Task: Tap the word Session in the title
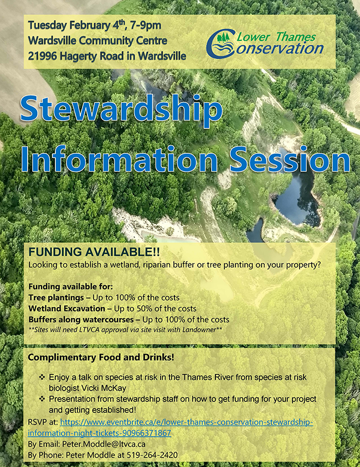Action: click(290, 160)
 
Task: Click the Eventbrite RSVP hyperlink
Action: click(171, 427)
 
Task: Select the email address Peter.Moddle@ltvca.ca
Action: click(104, 444)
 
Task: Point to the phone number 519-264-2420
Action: click(152, 455)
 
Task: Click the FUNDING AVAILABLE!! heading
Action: click(94, 252)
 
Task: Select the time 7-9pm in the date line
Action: click(146, 25)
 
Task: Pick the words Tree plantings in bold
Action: click(56, 298)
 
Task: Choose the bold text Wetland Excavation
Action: click(67, 309)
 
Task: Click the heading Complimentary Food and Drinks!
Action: click(101, 357)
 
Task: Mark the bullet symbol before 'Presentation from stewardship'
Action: click(42, 399)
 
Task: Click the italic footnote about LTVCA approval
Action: click(126, 330)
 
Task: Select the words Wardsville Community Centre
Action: click(97, 41)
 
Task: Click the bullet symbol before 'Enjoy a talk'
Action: click(42, 377)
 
